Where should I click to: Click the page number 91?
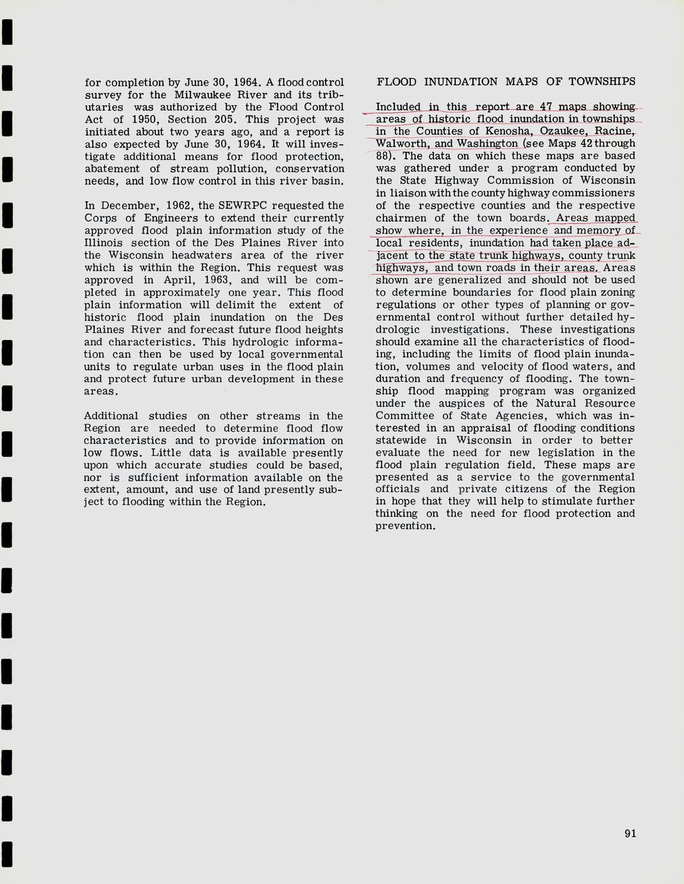[x=630, y=833]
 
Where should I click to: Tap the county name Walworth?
[x=401, y=143]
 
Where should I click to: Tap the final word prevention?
[x=405, y=526]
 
